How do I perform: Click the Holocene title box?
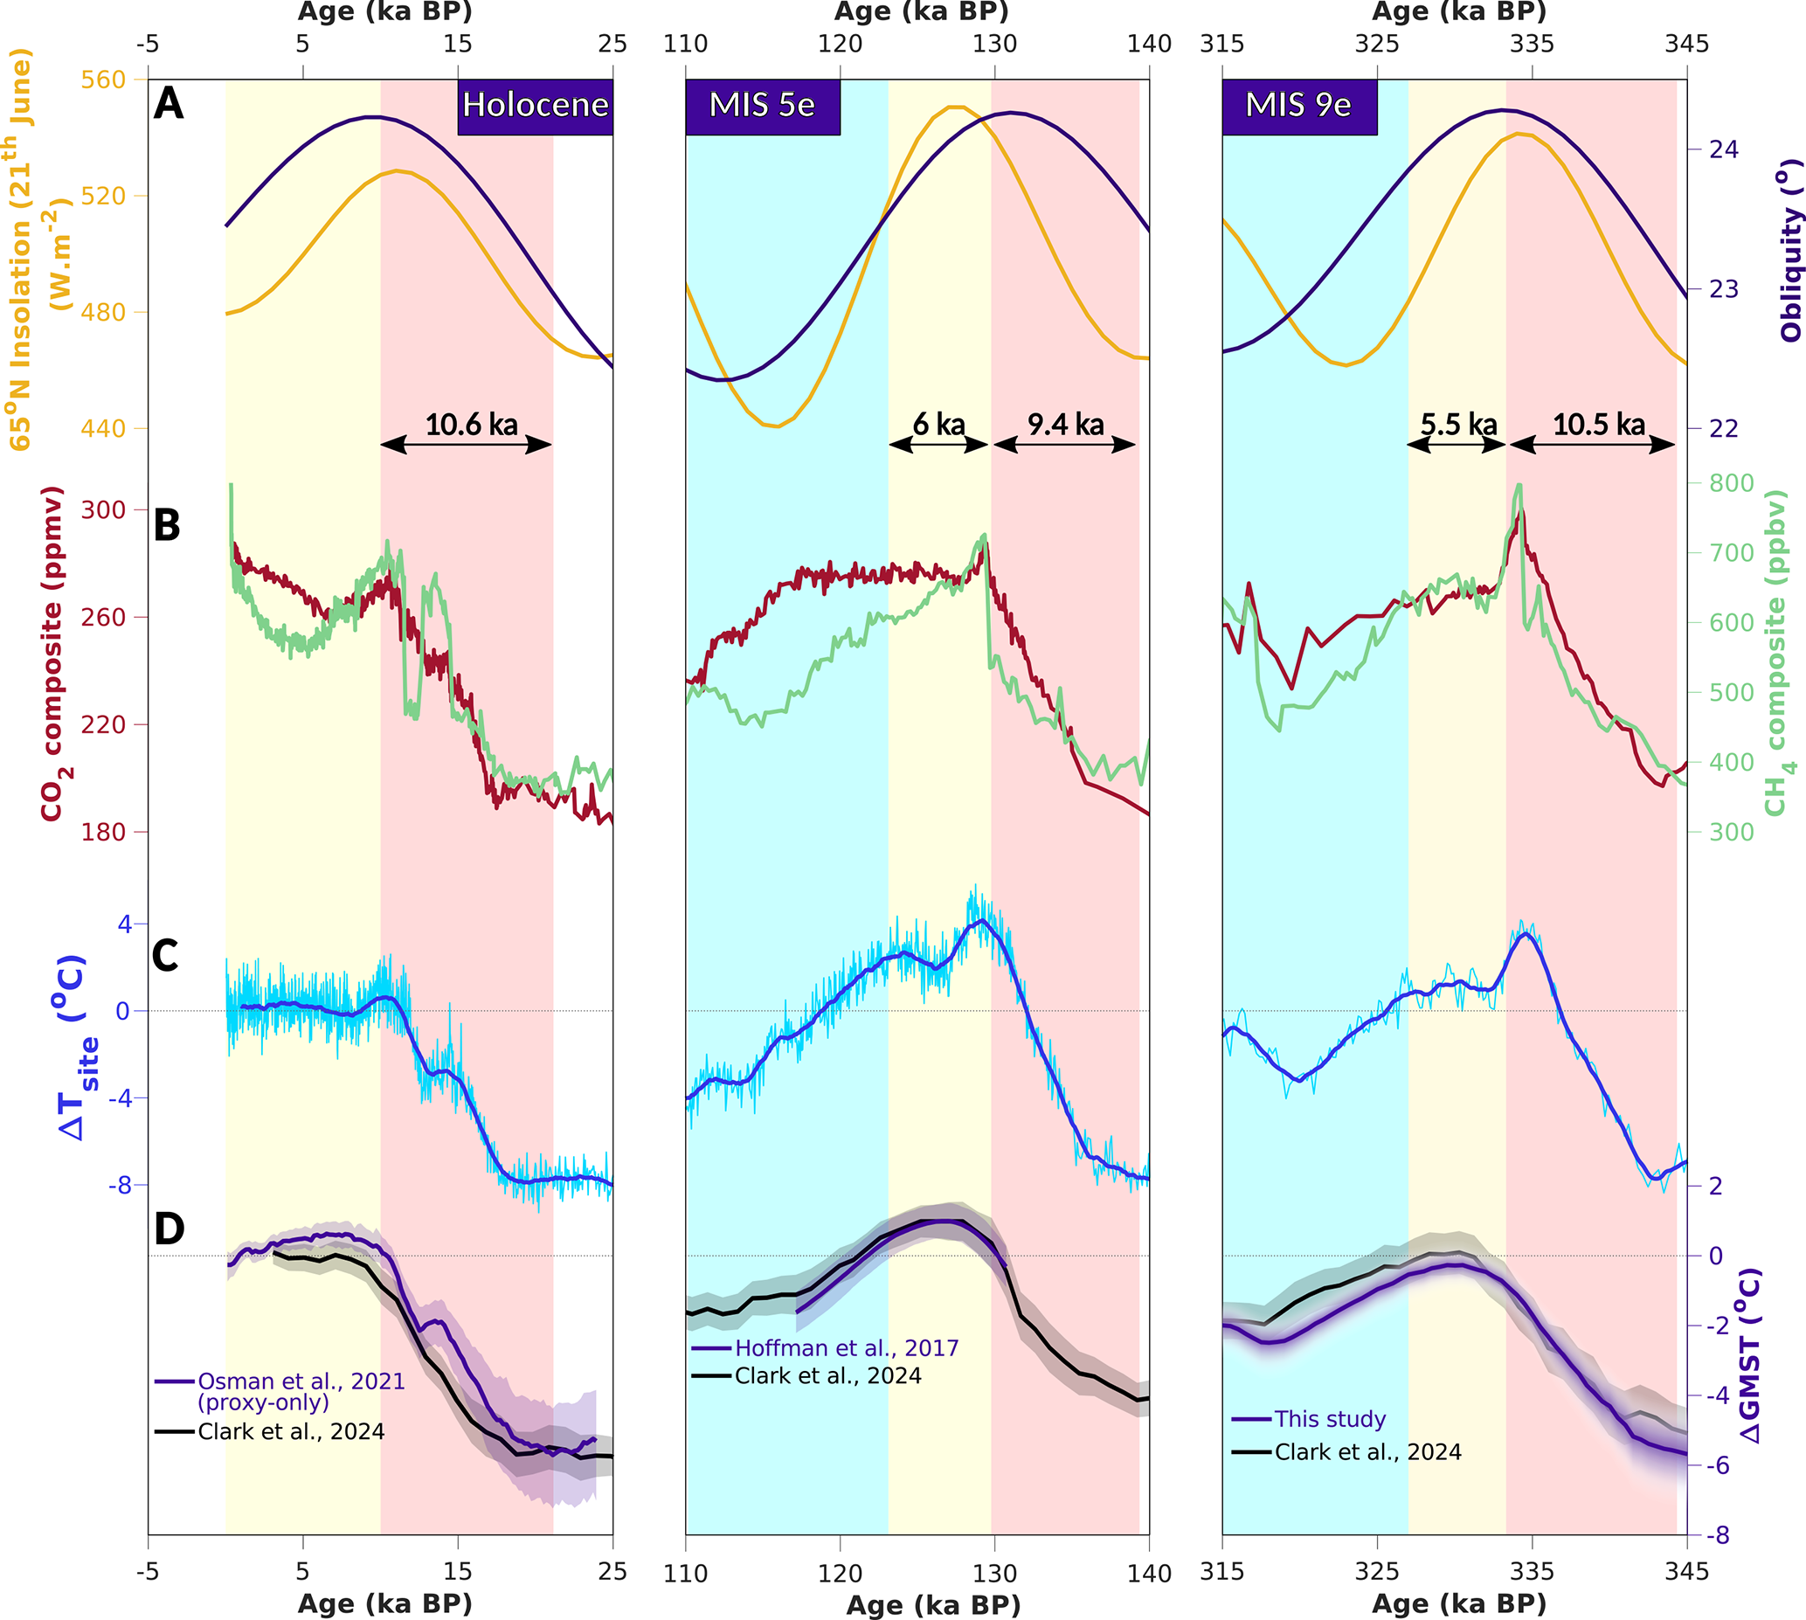pyautogui.click(x=535, y=106)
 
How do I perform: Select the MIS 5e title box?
pyautogui.click(x=762, y=106)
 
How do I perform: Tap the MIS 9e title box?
pyautogui.click(x=1298, y=106)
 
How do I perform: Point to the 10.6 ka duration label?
pyautogui.click(x=471, y=425)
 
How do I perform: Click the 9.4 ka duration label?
pyautogui.click(x=1065, y=425)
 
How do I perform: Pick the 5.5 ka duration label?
pyautogui.click(x=1458, y=425)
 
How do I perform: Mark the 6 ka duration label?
pyautogui.click(x=939, y=425)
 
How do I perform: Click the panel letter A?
pyautogui.click(x=169, y=103)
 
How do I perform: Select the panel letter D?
pyautogui.click(x=170, y=1229)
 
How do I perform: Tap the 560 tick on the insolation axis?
pyautogui.click(x=103, y=80)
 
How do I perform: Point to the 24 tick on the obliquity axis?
pyautogui.click(x=1724, y=149)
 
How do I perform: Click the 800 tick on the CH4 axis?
pyautogui.click(x=1731, y=483)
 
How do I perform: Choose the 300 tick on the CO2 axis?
pyautogui.click(x=103, y=510)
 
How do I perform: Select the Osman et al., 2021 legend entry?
pyautogui.click(x=301, y=1381)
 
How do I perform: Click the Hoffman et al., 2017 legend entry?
pyautogui.click(x=847, y=1348)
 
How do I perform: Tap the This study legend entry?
pyautogui.click(x=1330, y=1419)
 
